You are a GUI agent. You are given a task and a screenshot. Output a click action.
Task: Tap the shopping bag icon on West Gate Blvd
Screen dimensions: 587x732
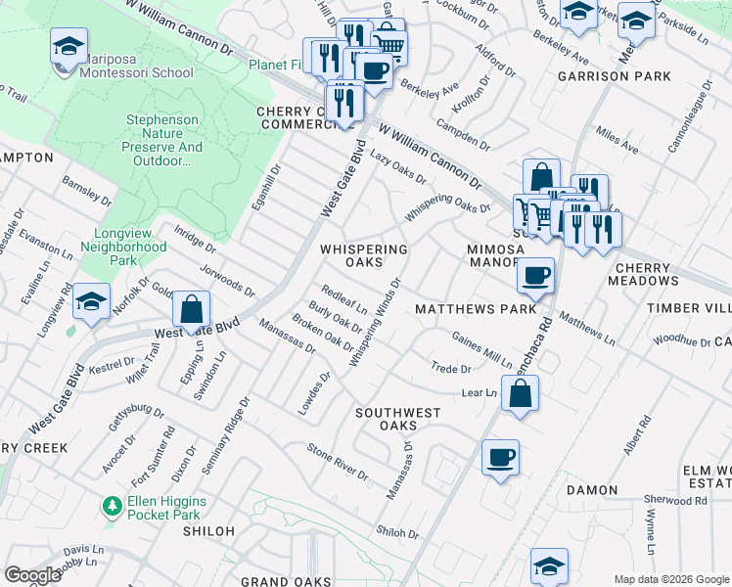192,309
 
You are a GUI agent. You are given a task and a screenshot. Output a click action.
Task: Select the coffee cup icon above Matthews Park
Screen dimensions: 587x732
535,275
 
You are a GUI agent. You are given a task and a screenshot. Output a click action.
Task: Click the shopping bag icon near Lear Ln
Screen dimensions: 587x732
522,395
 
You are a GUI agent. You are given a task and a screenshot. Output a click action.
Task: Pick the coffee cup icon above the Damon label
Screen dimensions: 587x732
500,457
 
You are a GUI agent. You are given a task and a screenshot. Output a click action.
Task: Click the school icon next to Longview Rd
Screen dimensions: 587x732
91,301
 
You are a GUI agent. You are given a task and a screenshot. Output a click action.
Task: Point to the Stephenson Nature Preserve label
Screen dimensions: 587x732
163,140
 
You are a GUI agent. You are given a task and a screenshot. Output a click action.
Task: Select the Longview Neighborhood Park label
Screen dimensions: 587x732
130,248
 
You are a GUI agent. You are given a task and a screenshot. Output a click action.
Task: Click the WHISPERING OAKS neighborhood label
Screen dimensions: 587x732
364,255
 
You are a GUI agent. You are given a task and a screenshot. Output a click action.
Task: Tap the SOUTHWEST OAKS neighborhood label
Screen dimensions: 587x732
397,419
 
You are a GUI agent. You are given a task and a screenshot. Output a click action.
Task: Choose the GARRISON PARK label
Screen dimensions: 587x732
614,76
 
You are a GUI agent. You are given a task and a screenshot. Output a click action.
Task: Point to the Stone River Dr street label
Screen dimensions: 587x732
338,462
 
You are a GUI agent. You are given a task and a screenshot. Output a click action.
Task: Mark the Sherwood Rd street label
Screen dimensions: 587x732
674,500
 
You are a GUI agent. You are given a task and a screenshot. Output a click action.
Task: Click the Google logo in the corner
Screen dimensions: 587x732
32,575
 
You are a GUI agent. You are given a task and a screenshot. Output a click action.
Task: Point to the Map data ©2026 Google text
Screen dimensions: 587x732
670,579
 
